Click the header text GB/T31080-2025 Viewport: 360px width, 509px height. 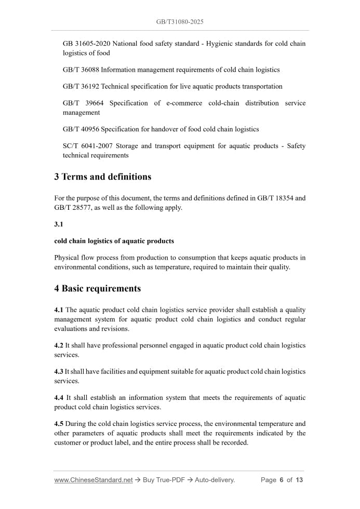point(180,22)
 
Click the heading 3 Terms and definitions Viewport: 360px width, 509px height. point(103,177)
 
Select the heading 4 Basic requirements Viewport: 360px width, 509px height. point(98,288)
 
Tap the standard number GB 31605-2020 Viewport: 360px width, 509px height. point(86,44)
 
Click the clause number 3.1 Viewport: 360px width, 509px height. point(59,224)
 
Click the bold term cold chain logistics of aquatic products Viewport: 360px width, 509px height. point(114,241)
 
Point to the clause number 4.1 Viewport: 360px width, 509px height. point(59,310)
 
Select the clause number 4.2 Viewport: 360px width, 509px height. point(59,345)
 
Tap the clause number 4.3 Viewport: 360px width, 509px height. point(59,372)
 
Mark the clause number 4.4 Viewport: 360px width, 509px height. point(59,398)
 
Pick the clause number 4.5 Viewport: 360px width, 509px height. point(59,424)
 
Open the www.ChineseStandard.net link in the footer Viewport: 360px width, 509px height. point(94,480)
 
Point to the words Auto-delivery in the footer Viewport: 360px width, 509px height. point(215,480)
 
